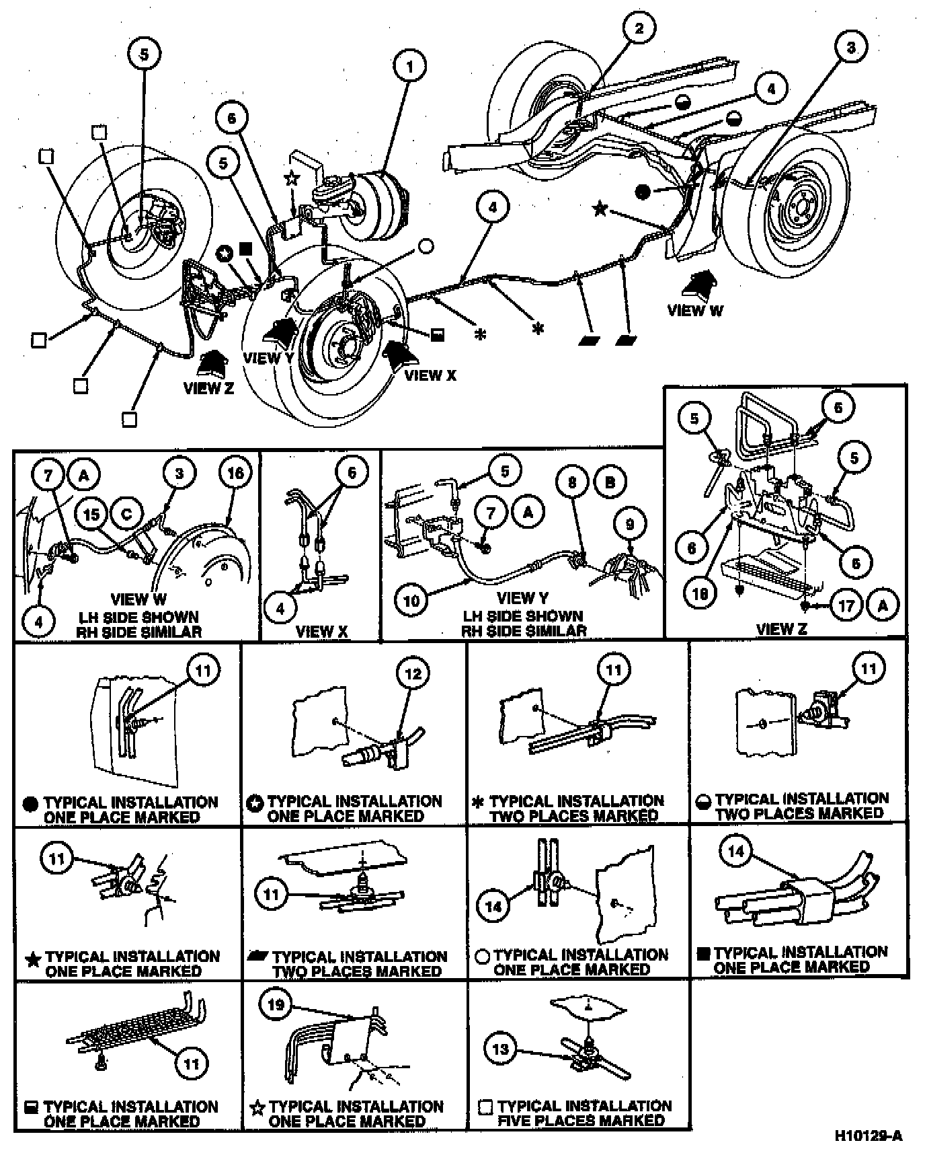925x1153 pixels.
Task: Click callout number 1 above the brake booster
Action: pos(410,67)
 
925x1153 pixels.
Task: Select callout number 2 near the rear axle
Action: pos(639,28)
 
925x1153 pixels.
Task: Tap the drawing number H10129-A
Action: pos(868,1136)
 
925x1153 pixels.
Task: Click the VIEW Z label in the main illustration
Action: pos(208,388)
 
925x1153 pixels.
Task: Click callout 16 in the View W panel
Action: pos(235,474)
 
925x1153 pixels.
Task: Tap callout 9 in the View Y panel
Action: pos(630,523)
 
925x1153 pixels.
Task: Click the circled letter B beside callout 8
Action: pos(610,482)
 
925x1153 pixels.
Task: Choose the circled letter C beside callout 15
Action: pos(127,515)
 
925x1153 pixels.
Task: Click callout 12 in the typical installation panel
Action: pos(413,673)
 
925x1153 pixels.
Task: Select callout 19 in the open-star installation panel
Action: pos(277,1006)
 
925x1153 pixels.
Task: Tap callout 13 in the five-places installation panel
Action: pos(501,1048)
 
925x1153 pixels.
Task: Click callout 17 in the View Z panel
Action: pos(846,605)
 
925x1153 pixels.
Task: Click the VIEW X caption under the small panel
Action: pos(322,631)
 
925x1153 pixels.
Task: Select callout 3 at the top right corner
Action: pos(851,47)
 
